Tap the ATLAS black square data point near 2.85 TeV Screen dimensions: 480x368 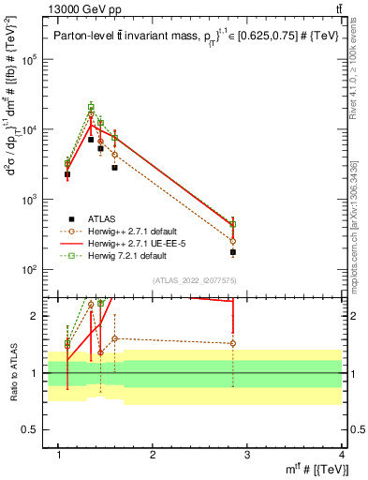pyautogui.click(x=233, y=252)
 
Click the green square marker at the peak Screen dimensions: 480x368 pyautogui.click(x=91, y=108)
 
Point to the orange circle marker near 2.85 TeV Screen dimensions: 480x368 pyautogui.click(x=233, y=241)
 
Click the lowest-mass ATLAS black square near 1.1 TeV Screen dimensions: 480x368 pyautogui.click(x=67, y=174)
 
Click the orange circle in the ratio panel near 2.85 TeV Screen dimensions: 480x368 pyautogui.click(x=233, y=343)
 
